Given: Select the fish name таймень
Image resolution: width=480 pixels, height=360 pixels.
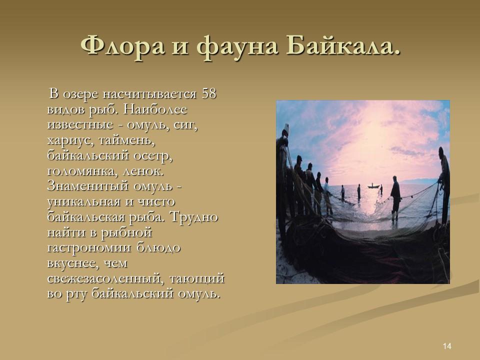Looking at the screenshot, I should pos(128,140).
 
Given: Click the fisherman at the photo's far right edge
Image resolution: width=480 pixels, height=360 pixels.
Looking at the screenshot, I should pos(443,175).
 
